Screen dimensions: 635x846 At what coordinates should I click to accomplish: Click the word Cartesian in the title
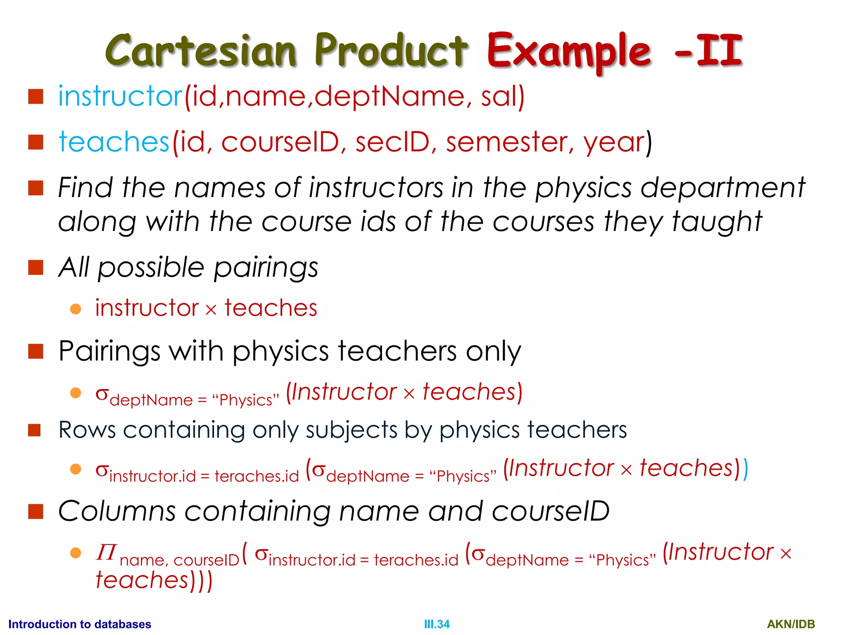pyautogui.click(x=201, y=50)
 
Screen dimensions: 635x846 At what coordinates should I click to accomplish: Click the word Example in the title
pyautogui.click(x=569, y=51)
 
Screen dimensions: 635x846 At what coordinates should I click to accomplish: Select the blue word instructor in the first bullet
pyautogui.click(x=120, y=96)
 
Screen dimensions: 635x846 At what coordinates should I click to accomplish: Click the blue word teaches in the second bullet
pyautogui.click(x=114, y=142)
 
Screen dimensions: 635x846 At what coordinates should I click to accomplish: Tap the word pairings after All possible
pyautogui.click(x=266, y=267)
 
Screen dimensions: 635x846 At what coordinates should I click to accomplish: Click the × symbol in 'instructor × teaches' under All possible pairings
pyautogui.click(x=211, y=310)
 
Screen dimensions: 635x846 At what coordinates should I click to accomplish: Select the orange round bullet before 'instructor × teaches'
pyautogui.click(x=76, y=309)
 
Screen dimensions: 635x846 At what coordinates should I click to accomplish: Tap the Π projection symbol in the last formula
pyautogui.click(x=106, y=552)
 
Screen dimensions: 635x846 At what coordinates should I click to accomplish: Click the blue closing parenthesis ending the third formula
pyautogui.click(x=745, y=469)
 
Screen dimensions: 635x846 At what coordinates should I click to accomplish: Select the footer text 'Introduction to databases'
pyautogui.click(x=80, y=624)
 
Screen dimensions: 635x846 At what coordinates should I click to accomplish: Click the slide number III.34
pyautogui.click(x=437, y=624)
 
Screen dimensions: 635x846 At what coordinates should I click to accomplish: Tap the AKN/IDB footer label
pyautogui.click(x=791, y=624)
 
